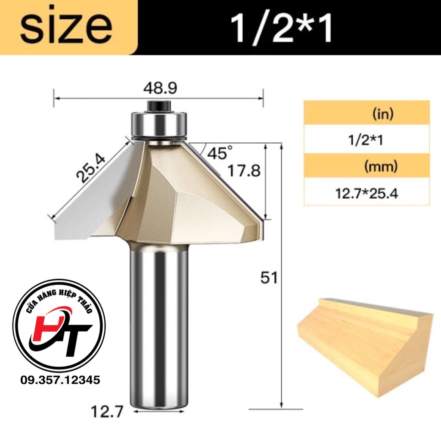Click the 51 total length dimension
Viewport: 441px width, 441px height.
(x=269, y=278)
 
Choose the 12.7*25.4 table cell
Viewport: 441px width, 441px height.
(x=366, y=193)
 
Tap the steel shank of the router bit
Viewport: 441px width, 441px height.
(x=159, y=323)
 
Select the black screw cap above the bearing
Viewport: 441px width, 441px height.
(x=159, y=105)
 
